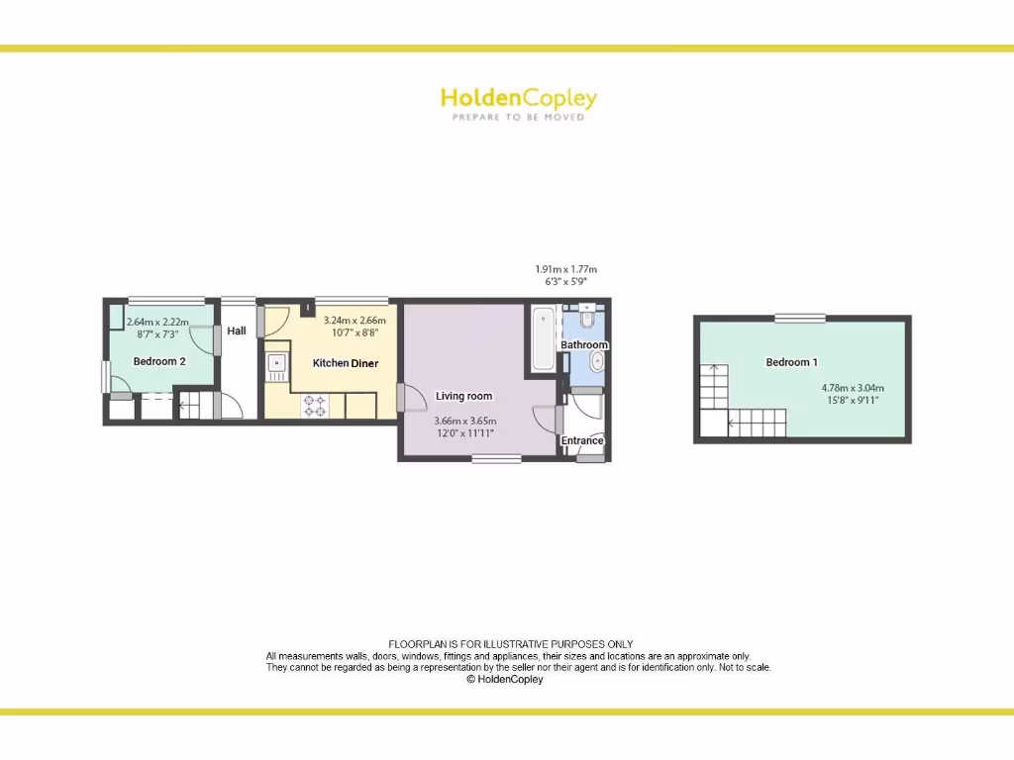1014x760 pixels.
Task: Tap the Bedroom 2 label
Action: [x=159, y=362]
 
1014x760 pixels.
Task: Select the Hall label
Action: [x=237, y=331]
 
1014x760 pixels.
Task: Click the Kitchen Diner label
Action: [x=346, y=363]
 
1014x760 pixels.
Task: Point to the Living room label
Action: [x=463, y=397]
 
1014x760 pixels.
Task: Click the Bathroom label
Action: [x=584, y=345]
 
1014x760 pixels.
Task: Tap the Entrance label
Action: [x=582, y=441]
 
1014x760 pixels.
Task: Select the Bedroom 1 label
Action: [x=791, y=362]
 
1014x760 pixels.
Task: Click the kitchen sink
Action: [x=275, y=367]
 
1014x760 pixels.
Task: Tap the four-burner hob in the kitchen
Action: [x=315, y=405]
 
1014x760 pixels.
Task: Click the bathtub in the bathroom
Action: [x=543, y=339]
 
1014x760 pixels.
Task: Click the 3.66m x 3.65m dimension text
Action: [x=463, y=421]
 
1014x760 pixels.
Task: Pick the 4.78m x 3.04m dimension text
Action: [x=853, y=388]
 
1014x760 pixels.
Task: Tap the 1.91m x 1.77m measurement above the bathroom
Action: [x=565, y=269]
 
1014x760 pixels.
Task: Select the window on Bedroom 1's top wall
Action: [x=799, y=318]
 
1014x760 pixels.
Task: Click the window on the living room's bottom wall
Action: [x=496, y=458]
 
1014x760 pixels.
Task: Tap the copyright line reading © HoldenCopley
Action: [x=505, y=680]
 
